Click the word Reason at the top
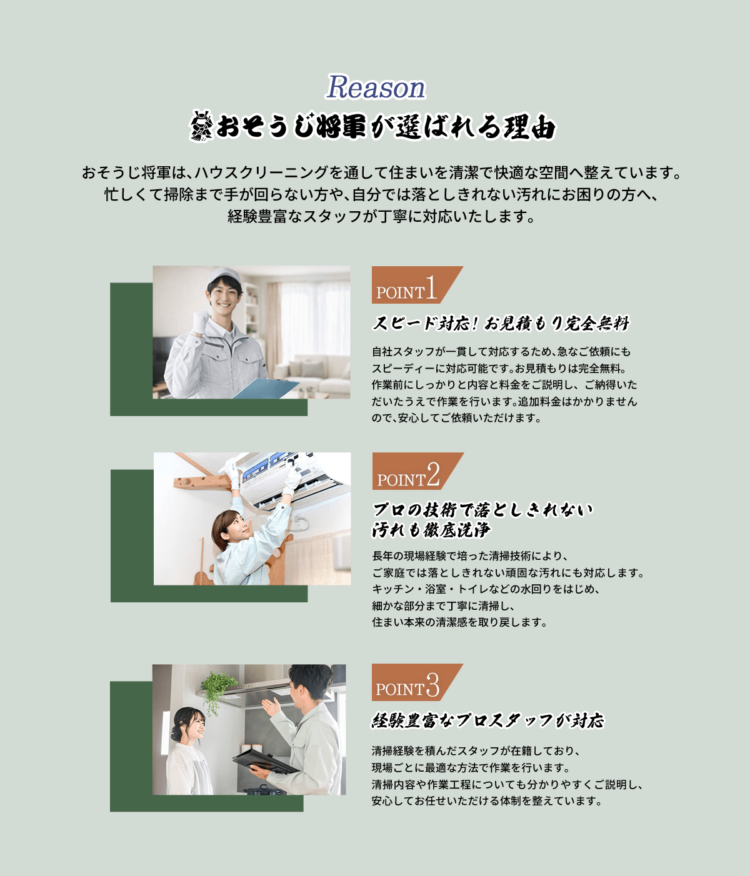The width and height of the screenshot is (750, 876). click(x=375, y=87)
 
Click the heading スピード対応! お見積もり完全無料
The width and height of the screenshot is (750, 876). click(x=501, y=324)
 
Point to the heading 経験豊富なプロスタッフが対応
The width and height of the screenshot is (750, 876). click(x=488, y=720)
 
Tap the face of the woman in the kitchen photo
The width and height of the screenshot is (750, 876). click(x=193, y=726)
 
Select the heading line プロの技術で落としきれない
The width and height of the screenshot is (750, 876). click(x=482, y=510)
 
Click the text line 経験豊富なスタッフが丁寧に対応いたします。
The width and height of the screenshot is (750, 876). click(x=381, y=217)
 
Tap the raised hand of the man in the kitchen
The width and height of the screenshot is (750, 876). click(x=271, y=708)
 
